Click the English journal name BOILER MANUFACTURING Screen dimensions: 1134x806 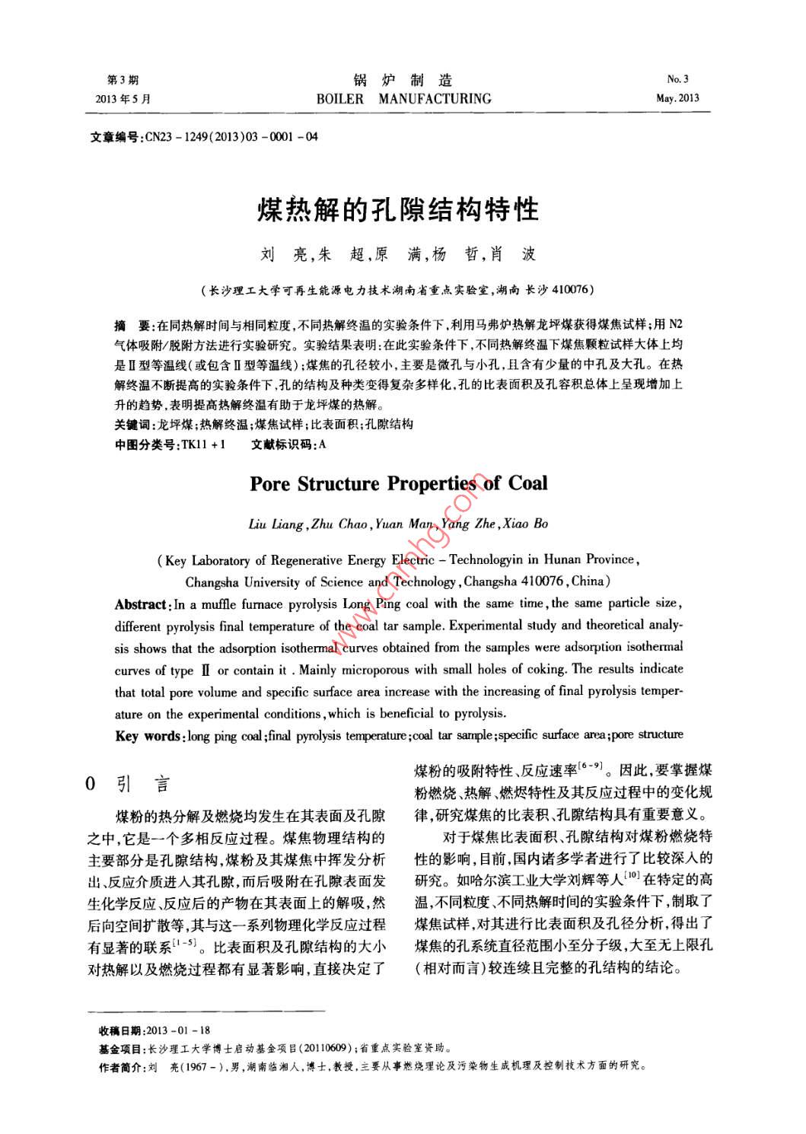tap(403, 99)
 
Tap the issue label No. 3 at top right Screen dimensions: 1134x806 tap(677, 79)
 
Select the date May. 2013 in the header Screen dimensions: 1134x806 tap(677, 98)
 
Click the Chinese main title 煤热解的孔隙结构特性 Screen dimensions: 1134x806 tap(398, 209)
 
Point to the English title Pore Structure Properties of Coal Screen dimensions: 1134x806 tap(398, 484)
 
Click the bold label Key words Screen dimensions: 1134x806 tap(148, 735)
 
